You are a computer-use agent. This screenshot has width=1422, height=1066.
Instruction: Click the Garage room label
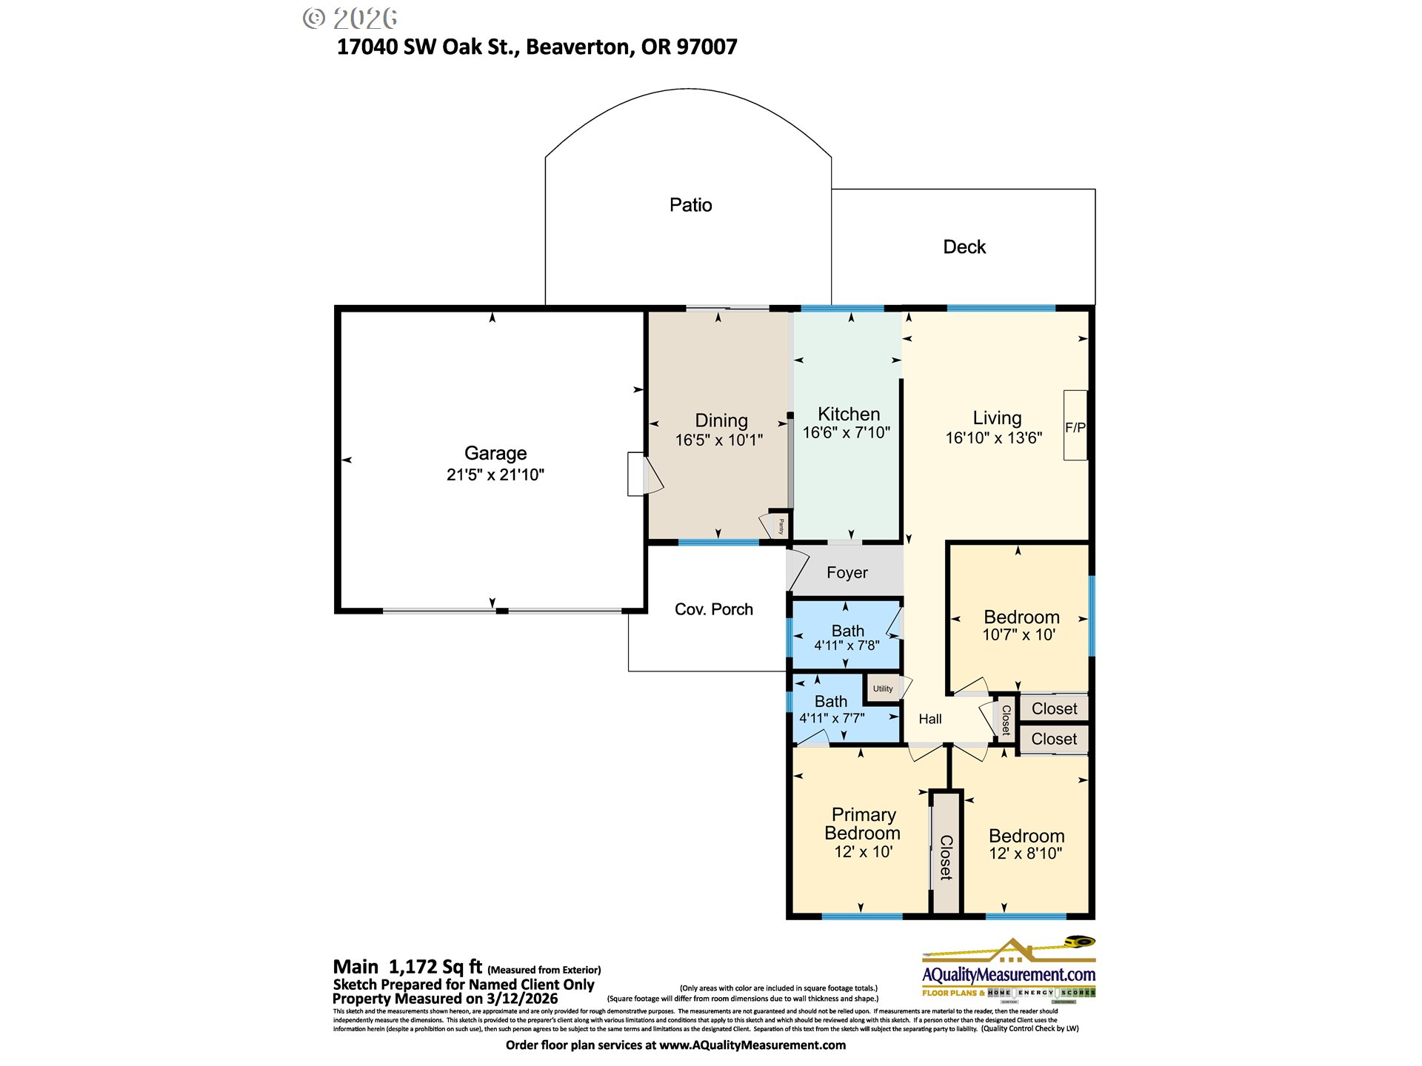(495, 453)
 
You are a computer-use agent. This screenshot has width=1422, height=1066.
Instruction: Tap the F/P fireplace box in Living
(1075, 426)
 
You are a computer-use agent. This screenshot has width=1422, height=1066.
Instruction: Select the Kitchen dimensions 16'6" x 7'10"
(847, 432)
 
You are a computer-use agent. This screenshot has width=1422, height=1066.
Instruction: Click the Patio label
(690, 205)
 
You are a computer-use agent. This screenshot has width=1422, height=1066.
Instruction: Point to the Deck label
(964, 247)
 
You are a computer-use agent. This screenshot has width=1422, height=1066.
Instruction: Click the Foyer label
(847, 572)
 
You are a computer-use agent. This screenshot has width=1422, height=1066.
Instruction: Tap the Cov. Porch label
(713, 609)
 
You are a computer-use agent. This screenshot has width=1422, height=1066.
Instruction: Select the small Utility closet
(882, 688)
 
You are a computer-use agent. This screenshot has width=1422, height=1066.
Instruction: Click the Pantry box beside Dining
(781, 526)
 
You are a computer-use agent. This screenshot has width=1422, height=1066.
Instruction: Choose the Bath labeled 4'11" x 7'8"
(847, 637)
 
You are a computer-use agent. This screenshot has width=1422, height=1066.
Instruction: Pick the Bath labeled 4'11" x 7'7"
(832, 709)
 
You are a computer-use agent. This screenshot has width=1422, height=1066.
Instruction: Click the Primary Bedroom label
(863, 823)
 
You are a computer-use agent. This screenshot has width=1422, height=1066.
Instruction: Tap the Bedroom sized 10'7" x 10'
(1021, 625)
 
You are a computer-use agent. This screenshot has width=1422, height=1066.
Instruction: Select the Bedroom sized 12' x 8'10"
(1026, 844)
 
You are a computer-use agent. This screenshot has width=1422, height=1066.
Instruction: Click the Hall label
(930, 719)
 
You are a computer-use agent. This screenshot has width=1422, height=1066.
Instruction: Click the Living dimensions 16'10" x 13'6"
(993, 438)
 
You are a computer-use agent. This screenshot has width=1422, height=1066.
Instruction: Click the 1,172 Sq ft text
(435, 967)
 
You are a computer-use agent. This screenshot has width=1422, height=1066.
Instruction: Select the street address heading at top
(537, 47)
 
